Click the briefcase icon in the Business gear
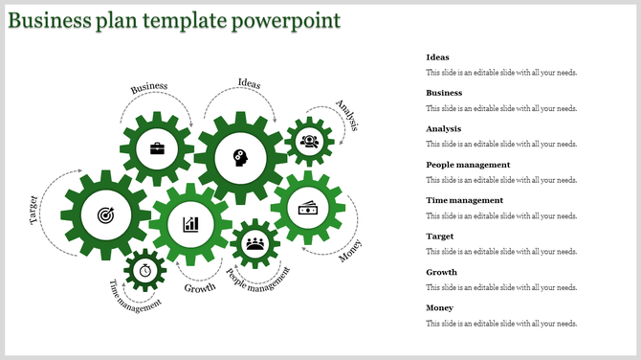(157, 148)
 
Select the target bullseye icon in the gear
(104, 216)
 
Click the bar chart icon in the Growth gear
(191, 224)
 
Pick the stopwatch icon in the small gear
(145, 270)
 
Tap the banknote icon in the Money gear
(308, 209)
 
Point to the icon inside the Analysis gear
(309, 142)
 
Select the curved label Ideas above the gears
(249, 83)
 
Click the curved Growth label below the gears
(200, 287)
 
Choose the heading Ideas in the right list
(437, 57)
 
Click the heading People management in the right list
(468, 165)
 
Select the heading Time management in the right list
(464, 200)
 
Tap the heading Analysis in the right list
(444, 128)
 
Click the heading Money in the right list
(440, 307)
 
